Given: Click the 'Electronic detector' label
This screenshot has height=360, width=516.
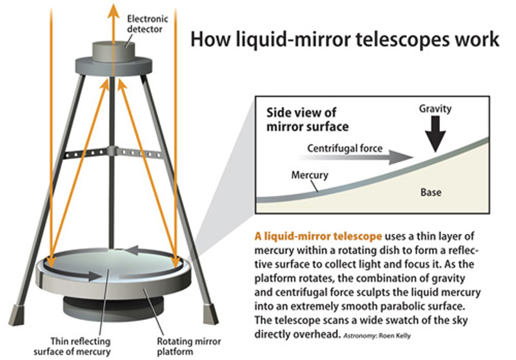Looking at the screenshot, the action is coord(148,24).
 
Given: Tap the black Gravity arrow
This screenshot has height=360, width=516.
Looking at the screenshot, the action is coord(435,134).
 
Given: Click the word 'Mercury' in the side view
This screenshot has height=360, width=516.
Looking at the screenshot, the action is coord(310,175).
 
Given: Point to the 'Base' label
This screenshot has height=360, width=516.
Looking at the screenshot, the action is coord(431,192).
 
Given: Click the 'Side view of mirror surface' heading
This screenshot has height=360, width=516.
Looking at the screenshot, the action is coord(308,119).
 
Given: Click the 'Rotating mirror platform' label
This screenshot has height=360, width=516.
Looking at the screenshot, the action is coord(188,346).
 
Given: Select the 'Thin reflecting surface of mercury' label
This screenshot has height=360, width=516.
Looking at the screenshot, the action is coord(72,346).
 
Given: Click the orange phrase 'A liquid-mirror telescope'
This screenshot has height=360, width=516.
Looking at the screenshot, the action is coord(318,236).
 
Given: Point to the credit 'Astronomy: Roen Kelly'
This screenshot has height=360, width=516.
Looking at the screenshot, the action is coord(377,336).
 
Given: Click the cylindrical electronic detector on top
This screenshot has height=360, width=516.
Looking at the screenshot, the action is coord(114,52).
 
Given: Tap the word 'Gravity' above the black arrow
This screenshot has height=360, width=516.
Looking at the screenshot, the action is coord(435,109).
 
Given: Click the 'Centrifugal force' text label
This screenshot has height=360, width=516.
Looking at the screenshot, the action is coord(344,148).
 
